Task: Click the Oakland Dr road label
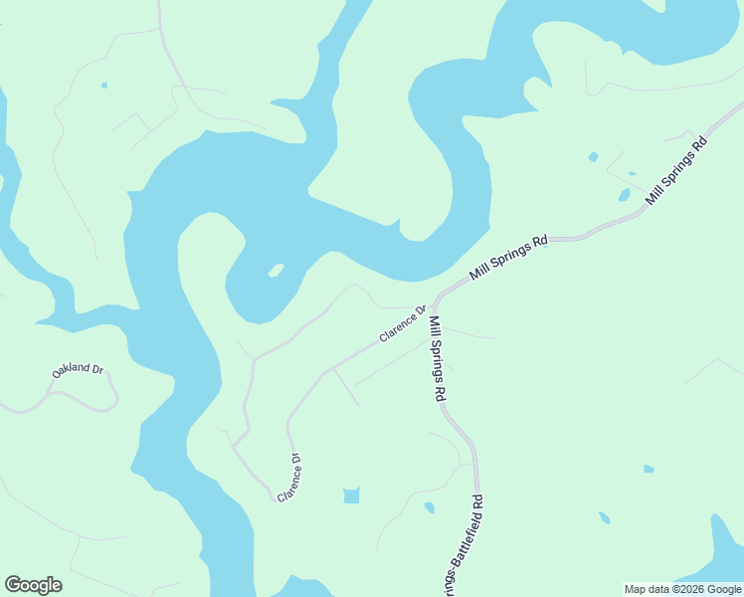[x=78, y=370]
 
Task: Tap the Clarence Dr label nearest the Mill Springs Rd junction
[x=402, y=324]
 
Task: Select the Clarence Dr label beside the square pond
[x=289, y=478]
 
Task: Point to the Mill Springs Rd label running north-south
[x=437, y=357]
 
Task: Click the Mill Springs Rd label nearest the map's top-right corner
[x=676, y=170]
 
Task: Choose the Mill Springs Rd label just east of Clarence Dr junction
[x=509, y=257]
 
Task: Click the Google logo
[x=33, y=585]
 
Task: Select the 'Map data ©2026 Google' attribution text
[x=683, y=589]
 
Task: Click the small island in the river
[x=276, y=270]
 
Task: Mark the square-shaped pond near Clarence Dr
[x=351, y=495]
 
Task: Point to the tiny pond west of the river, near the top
[x=104, y=86]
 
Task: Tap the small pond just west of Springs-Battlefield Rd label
[x=429, y=507]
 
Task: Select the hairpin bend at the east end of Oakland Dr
[x=116, y=398]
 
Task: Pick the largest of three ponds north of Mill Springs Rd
[x=624, y=195]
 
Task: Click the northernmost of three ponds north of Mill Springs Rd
[x=594, y=156]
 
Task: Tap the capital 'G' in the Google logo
[x=13, y=585]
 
